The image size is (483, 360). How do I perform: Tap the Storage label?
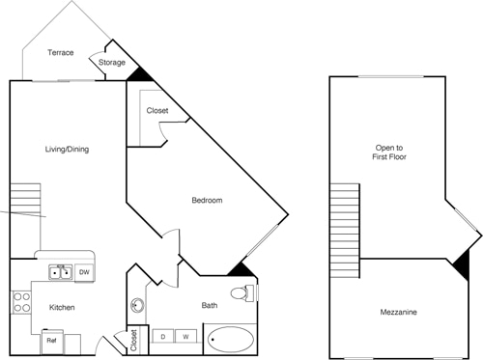(x=113, y=63)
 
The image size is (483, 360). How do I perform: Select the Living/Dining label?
(x=67, y=150)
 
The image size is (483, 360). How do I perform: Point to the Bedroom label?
(x=207, y=201)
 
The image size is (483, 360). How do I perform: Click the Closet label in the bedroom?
(x=157, y=111)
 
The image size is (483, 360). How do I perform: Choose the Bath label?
(x=210, y=306)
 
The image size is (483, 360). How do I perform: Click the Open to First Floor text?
(x=390, y=153)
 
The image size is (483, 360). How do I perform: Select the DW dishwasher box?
(x=84, y=273)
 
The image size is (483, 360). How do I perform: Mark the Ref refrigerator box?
(x=52, y=341)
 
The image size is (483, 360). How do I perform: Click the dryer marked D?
(x=164, y=337)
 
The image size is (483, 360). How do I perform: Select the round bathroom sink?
(x=136, y=306)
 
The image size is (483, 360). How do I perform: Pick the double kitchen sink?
(x=61, y=273)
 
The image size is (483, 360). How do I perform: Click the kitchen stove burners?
(x=19, y=302)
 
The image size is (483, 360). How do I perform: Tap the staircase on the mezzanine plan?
(x=345, y=222)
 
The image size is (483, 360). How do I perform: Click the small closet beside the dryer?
(x=133, y=341)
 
